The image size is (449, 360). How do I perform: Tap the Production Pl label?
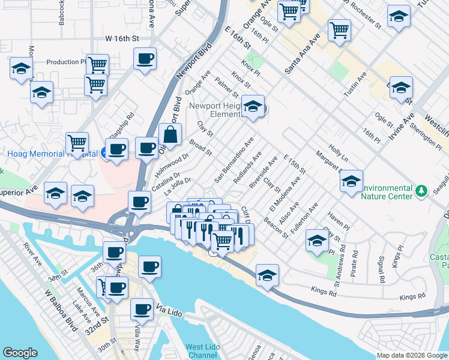pos(67,62)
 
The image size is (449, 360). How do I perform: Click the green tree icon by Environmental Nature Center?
pos(423,191)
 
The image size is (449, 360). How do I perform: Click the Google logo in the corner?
pos(20,353)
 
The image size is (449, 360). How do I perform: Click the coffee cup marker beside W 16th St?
pos(145,59)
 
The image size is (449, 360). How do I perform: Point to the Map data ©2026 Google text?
pos(412,355)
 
